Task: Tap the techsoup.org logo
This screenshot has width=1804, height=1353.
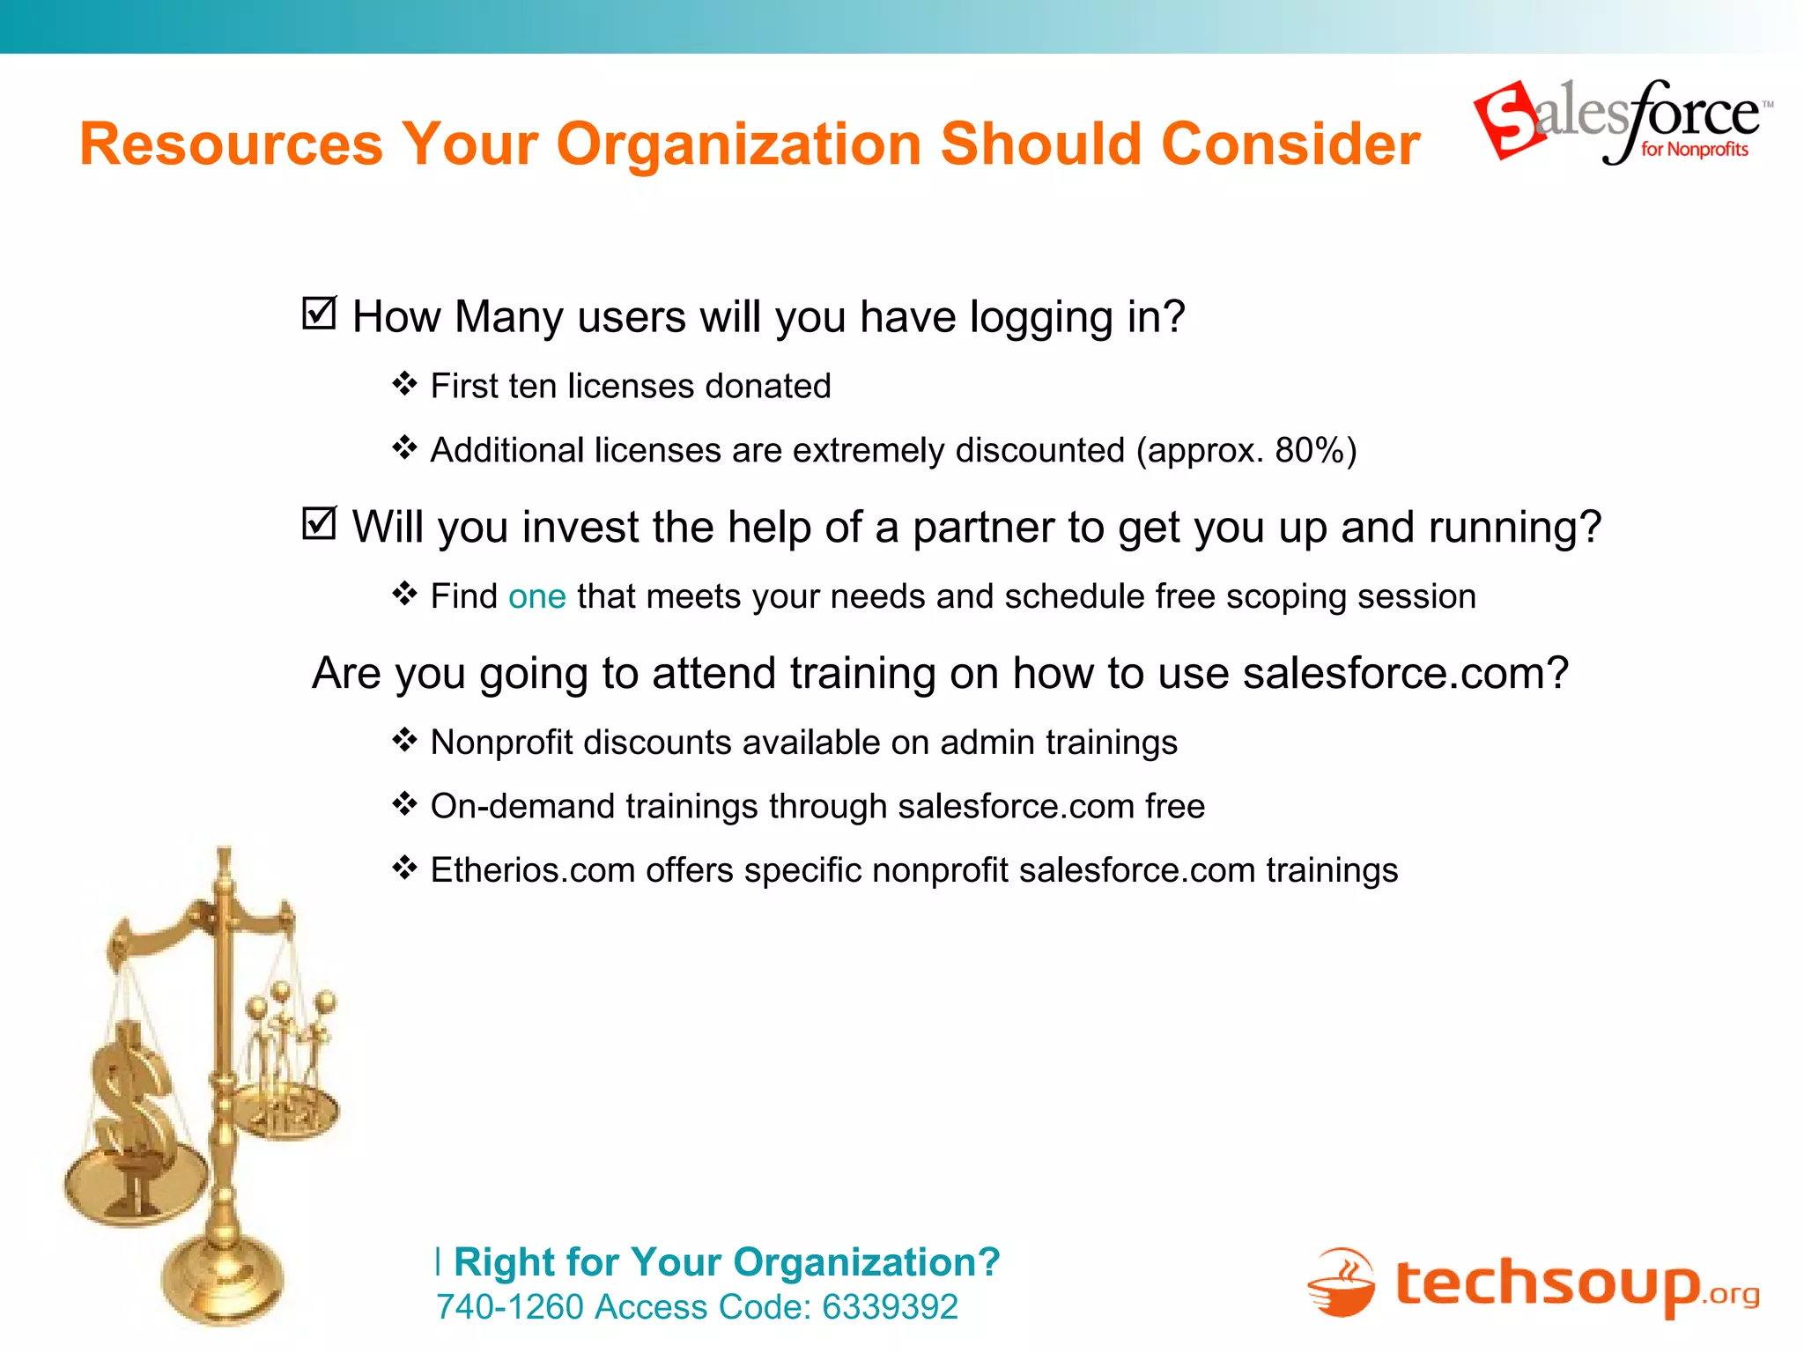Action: point(1533,1283)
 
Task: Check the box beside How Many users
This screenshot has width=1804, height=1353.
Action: point(319,313)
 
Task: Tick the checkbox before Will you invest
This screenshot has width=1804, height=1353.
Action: point(319,523)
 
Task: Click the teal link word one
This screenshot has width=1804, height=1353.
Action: point(536,596)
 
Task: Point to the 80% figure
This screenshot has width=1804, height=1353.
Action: point(1307,450)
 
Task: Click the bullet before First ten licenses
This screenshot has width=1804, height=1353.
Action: point(404,384)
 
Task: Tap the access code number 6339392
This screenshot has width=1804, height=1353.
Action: point(890,1307)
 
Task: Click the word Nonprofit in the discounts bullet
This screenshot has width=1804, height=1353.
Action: point(501,743)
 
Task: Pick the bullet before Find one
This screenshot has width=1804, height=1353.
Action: point(404,595)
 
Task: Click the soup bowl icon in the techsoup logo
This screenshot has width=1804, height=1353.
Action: point(1342,1283)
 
